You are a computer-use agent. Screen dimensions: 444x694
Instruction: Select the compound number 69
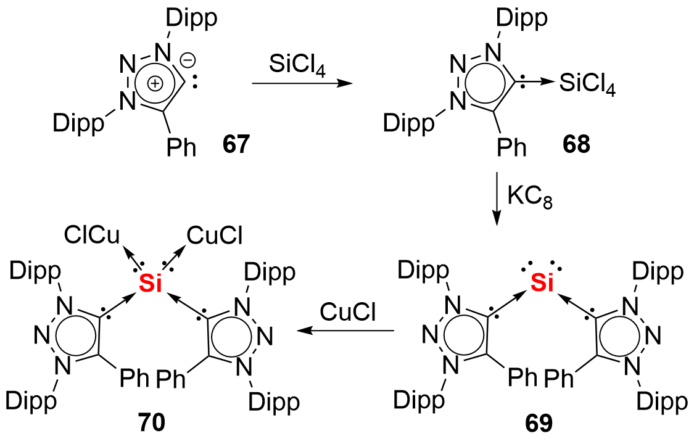[539, 424]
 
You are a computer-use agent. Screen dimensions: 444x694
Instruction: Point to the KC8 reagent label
[529, 198]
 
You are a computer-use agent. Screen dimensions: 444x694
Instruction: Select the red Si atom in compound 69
[542, 284]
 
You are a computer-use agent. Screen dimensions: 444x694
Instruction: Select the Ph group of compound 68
[513, 147]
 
